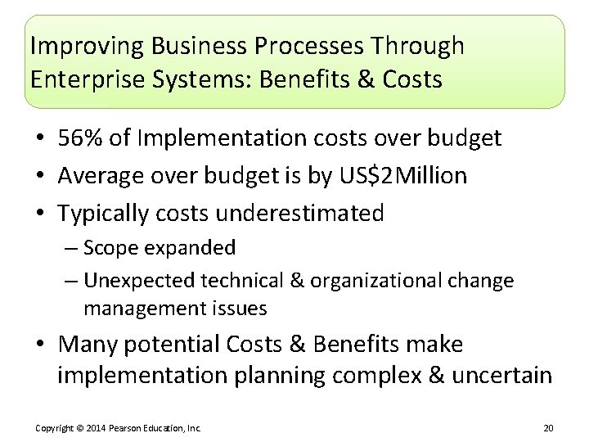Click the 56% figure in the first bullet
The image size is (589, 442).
tap(81, 139)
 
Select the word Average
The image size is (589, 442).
tap(101, 176)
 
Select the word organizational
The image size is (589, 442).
tap(393, 281)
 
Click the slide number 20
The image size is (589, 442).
tap(548, 428)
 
